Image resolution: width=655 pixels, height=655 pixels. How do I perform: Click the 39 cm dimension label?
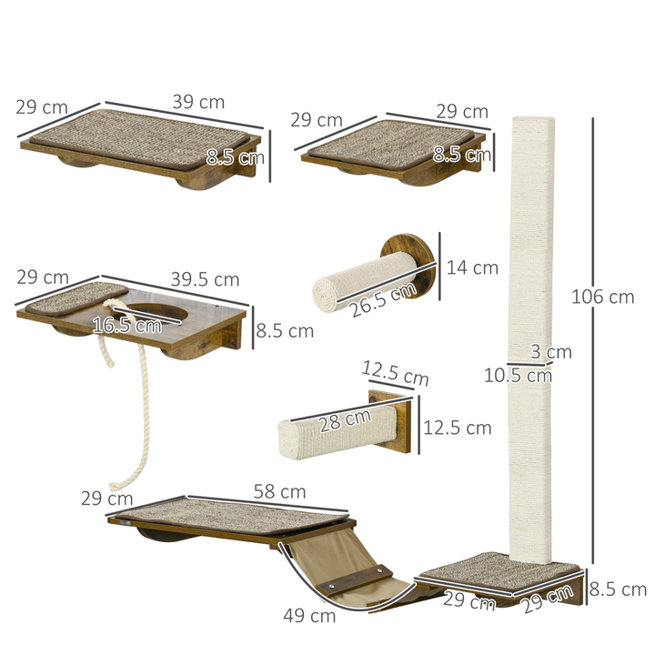pos(198,102)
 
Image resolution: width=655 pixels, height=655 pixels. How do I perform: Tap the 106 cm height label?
pos(602,297)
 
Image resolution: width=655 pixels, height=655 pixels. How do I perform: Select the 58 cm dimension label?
pos(280,492)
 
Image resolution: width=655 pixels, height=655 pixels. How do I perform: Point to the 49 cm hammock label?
pos(309,616)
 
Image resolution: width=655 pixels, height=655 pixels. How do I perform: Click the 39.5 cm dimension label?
pos(205,279)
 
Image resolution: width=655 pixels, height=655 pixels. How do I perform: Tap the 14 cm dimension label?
pos(472,267)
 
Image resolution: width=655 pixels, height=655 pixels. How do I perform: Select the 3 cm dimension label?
pos(551,352)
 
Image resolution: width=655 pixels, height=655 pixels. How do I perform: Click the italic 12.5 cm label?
pos(395,374)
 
